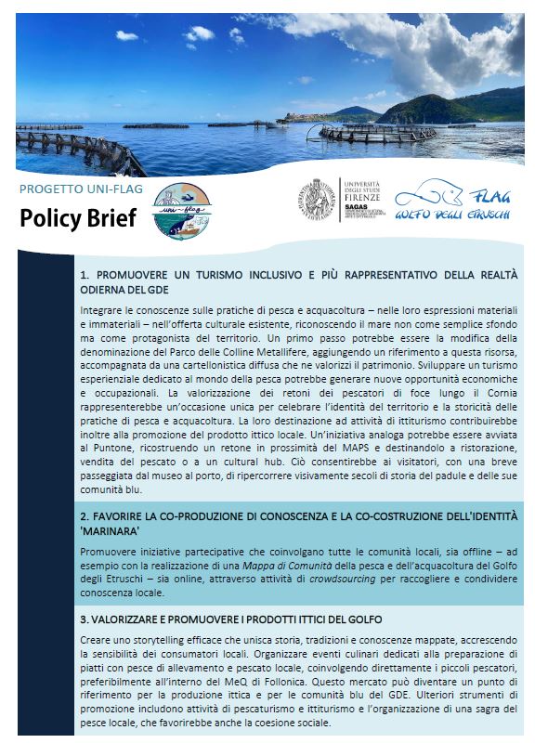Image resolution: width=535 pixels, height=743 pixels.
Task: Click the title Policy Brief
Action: click(77, 218)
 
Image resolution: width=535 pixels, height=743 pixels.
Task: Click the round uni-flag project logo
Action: click(182, 209)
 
